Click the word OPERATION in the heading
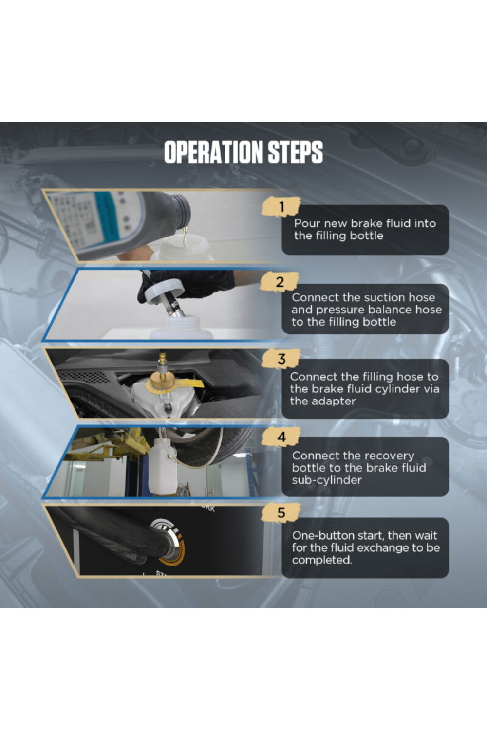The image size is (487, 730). click(214, 152)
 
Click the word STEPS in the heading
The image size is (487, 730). click(295, 152)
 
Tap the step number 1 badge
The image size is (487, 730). click(281, 207)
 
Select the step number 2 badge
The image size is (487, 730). click(280, 282)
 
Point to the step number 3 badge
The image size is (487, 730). click(281, 359)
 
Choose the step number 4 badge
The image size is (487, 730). click(281, 437)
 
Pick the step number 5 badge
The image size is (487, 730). click(281, 512)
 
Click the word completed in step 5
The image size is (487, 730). click(321, 560)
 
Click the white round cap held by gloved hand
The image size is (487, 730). click(163, 291)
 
